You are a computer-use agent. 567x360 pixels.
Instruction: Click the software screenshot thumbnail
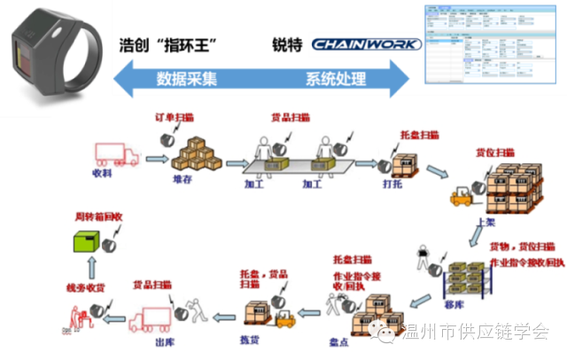tap(490, 44)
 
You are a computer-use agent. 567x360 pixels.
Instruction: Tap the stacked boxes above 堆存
tap(196, 156)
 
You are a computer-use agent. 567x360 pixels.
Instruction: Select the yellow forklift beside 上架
tap(461, 193)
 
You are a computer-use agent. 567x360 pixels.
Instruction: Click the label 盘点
tap(369, 340)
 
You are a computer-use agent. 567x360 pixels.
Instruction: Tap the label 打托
tap(392, 185)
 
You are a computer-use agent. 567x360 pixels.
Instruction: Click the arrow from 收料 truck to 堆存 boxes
tap(156, 160)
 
